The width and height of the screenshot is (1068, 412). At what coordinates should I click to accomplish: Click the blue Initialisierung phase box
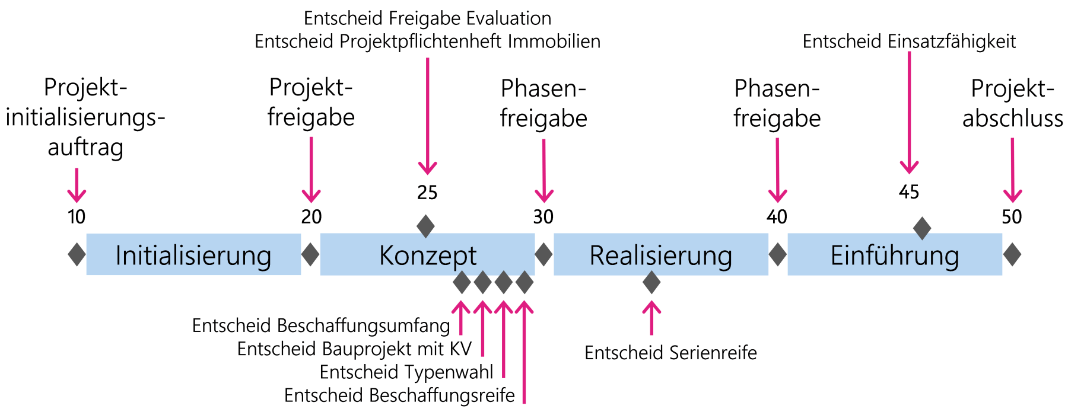click(x=193, y=255)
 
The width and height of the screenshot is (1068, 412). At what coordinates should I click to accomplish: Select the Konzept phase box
click(x=427, y=255)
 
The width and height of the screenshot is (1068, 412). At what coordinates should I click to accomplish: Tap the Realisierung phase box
click(x=660, y=255)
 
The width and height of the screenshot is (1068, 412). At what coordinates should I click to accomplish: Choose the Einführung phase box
click(x=894, y=255)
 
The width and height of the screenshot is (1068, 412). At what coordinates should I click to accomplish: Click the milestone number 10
click(x=77, y=217)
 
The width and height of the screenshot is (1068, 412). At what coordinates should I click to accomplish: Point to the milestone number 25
click(x=427, y=193)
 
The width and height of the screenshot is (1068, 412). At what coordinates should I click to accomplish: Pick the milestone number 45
click(x=909, y=192)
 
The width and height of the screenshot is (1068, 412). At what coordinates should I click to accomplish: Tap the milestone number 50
click(x=1012, y=217)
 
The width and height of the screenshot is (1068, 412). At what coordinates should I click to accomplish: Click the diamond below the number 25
click(x=425, y=226)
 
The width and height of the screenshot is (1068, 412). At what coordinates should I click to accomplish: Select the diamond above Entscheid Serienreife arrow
click(x=651, y=282)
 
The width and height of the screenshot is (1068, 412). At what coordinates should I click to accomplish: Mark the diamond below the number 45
click(x=921, y=228)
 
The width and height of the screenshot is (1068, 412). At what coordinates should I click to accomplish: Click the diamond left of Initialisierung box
click(x=77, y=254)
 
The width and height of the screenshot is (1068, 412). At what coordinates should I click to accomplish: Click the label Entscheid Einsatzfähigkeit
click(x=909, y=41)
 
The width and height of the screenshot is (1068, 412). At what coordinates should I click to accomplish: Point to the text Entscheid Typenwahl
click(x=406, y=372)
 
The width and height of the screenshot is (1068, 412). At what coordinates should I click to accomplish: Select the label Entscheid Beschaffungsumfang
click(x=321, y=325)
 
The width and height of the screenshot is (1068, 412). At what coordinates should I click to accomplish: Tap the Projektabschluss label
click(x=1012, y=103)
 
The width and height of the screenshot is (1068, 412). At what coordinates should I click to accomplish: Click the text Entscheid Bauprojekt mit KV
click(x=354, y=349)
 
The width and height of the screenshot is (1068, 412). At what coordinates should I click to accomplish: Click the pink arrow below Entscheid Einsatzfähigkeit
click(x=909, y=113)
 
